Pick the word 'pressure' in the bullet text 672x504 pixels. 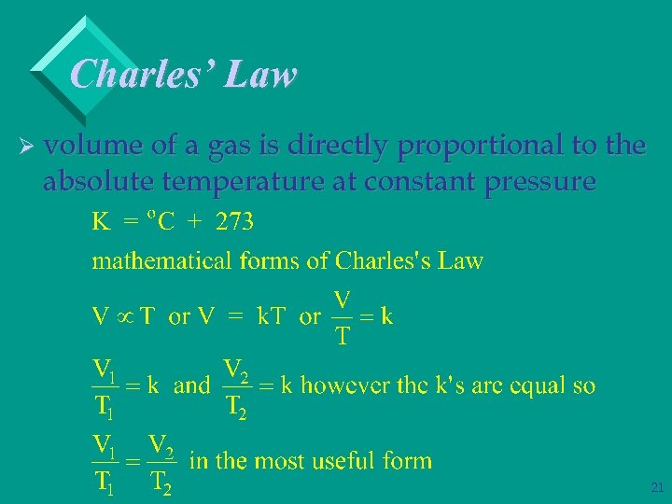[539, 183]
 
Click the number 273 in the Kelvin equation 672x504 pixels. [234, 222]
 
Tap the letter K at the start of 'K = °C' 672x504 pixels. [100, 222]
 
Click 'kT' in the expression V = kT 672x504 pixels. [272, 316]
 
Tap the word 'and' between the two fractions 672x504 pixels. [192, 385]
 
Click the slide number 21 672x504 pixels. [656, 487]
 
